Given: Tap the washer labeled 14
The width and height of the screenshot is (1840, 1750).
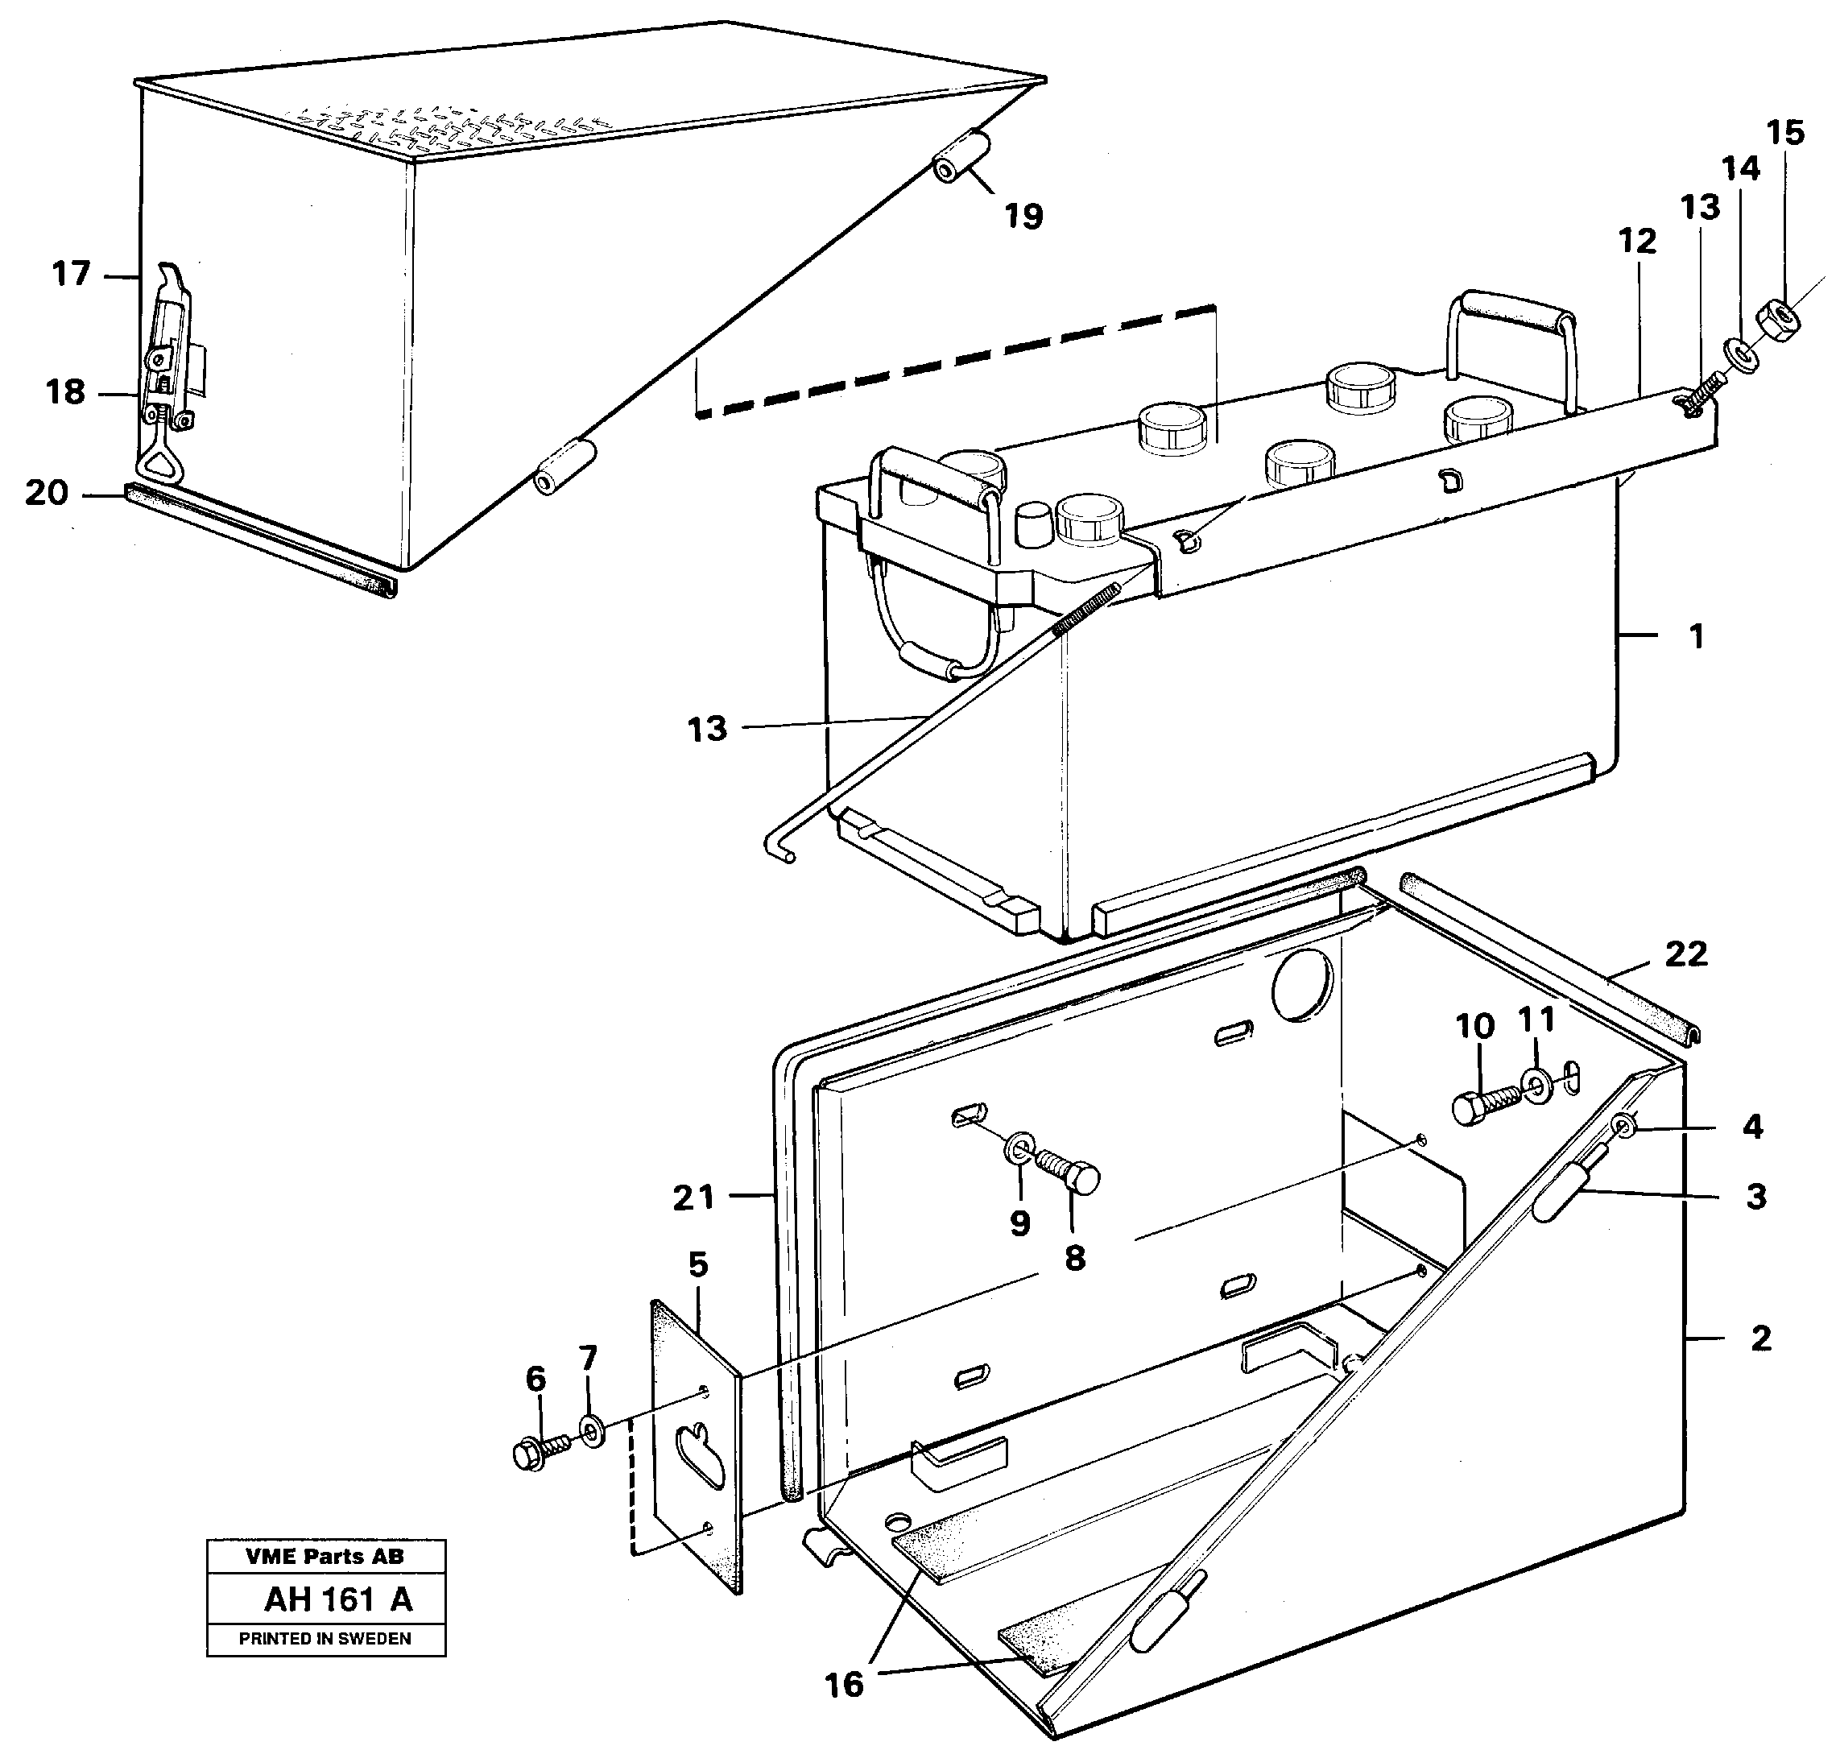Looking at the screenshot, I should (1739, 354).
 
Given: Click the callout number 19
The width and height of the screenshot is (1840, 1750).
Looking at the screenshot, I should (1023, 217).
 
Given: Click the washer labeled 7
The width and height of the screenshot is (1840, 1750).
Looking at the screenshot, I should (590, 1429).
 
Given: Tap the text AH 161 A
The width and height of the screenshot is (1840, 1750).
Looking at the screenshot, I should (337, 1599).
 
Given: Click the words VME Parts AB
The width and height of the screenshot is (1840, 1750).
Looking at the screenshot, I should (325, 1556).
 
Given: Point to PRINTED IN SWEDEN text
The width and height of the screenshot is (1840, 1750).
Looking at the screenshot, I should (325, 1638).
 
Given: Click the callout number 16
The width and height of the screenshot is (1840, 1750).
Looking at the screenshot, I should (844, 1685).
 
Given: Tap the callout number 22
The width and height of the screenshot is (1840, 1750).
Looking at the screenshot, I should (1685, 954).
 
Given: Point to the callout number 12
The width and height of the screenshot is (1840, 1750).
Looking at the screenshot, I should (1637, 241).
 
